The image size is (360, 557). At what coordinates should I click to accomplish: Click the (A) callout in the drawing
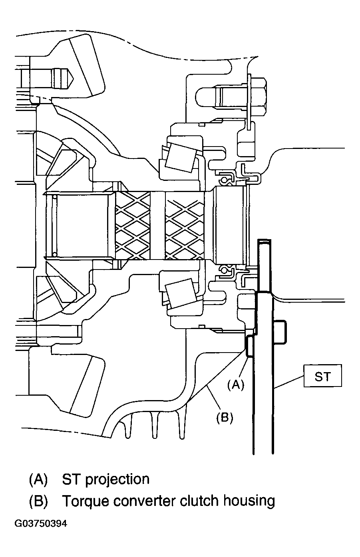point(235,384)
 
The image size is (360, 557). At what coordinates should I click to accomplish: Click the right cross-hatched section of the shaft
point(185,225)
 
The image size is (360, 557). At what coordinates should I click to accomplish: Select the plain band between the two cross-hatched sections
point(158,225)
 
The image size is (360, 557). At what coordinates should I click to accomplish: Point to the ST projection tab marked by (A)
point(249,345)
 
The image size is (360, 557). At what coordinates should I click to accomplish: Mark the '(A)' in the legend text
point(38,480)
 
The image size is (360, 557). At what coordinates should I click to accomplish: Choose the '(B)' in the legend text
point(38,501)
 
